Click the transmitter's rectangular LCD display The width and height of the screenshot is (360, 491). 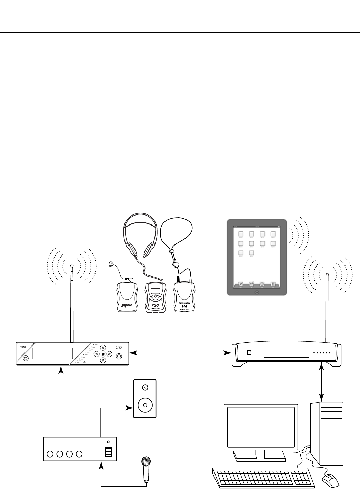[x=53, y=353]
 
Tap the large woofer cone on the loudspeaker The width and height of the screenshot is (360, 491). [x=145, y=405]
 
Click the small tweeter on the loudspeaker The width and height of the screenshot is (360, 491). [x=145, y=388]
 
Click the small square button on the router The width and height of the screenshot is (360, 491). [x=250, y=353]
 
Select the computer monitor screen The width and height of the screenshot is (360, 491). [x=261, y=427]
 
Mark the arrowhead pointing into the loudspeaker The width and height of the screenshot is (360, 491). [x=131, y=408]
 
